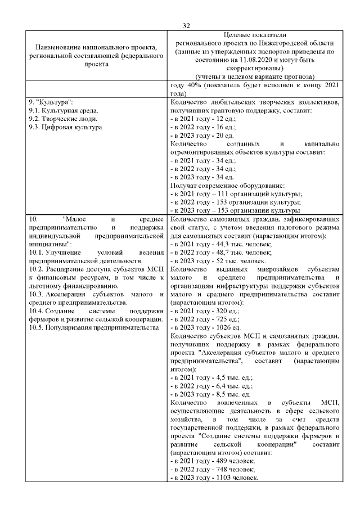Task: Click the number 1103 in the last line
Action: coord(224,478)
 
